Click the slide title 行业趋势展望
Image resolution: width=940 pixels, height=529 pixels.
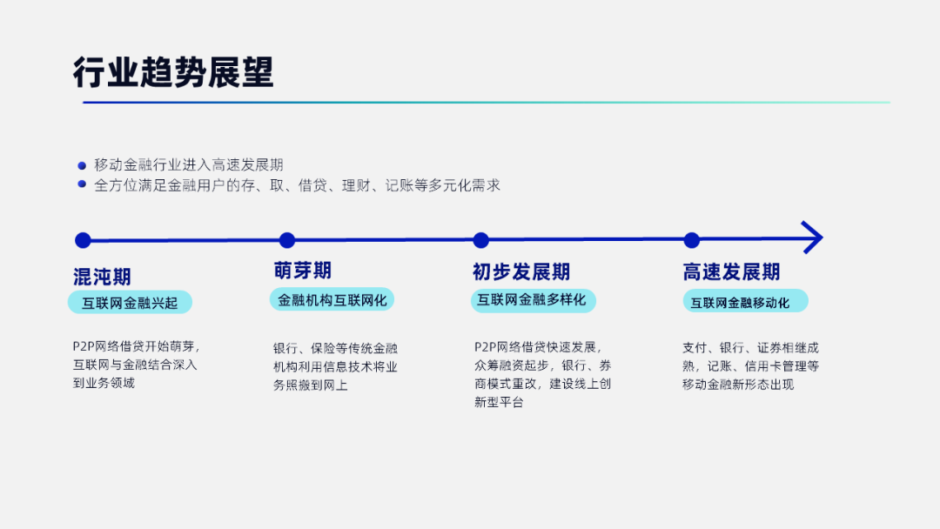[173, 72]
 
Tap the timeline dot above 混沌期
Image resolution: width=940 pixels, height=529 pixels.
[83, 240]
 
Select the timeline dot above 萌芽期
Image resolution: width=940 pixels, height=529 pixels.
[287, 240]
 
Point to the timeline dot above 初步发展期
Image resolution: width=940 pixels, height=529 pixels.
[480, 240]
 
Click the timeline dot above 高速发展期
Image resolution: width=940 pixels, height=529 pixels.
[692, 240]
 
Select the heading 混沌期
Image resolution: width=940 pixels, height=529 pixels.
[102, 277]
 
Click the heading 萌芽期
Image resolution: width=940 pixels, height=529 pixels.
[303, 271]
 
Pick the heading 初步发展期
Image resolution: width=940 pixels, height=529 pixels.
[521, 272]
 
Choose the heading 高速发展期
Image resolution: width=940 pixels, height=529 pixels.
[731, 272]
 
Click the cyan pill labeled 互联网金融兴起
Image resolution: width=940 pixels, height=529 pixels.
[130, 303]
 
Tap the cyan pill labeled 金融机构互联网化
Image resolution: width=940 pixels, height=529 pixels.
[332, 299]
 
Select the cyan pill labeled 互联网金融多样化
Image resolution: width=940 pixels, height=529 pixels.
[533, 300]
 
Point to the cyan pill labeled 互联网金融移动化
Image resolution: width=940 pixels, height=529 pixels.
[745, 301]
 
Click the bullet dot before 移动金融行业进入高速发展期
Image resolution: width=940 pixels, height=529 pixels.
[82, 165]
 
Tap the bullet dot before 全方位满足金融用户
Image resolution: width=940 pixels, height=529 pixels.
[82, 184]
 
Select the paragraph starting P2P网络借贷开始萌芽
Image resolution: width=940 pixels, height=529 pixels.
[136, 365]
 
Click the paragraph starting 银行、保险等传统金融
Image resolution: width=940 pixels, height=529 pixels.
[336, 366]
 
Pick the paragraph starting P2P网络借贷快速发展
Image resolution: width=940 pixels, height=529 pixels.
[543, 374]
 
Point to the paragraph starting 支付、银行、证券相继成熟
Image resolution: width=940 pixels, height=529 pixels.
[750, 366]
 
